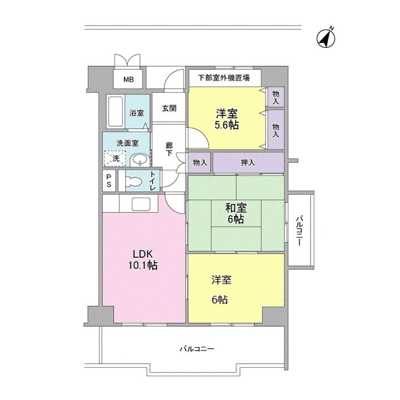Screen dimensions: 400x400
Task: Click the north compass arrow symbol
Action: (x=326, y=38)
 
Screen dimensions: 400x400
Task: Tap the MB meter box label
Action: (x=128, y=79)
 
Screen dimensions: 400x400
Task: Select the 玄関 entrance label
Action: (x=169, y=108)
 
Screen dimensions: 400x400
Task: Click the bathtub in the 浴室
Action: (x=116, y=112)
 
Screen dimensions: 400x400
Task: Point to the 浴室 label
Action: (x=137, y=113)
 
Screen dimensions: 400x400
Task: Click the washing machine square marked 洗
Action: (x=115, y=159)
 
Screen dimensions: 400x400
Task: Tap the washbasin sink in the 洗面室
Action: (x=140, y=160)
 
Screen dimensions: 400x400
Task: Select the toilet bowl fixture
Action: (x=134, y=182)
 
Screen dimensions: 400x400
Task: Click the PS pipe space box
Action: (x=109, y=181)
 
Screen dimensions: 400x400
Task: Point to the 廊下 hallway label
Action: (x=169, y=149)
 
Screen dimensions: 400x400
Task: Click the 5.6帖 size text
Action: (x=227, y=125)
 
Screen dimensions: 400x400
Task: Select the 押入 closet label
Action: (x=248, y=162)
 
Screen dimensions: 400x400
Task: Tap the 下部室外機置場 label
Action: (x=224, y=78)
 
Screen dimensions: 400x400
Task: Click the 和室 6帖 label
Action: (x=236, y=213)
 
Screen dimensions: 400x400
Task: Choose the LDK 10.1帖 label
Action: (x=143, y=259)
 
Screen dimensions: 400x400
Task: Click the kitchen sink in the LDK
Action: (x=141, y=203)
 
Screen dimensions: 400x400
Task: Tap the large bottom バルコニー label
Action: (x=197, y=348)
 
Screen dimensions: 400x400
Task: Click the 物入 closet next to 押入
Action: (x=199, y=162)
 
